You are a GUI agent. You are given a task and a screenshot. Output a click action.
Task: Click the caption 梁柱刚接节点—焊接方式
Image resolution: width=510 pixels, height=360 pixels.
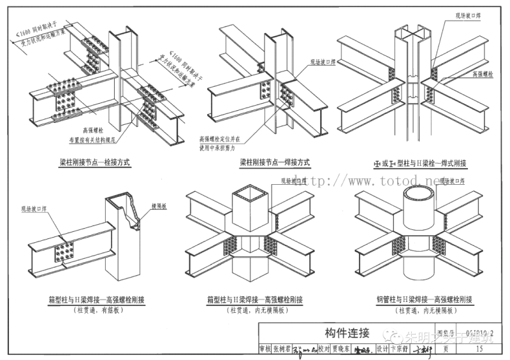click(x=275, y=162)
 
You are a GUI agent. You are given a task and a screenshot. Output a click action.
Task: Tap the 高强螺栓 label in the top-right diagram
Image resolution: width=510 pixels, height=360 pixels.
click(x=483, y=75)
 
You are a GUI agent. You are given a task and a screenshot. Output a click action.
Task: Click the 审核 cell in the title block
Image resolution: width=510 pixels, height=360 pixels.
click(x=265, y=349)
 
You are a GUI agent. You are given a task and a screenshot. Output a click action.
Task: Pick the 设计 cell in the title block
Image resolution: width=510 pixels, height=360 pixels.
click(x=381, y=349)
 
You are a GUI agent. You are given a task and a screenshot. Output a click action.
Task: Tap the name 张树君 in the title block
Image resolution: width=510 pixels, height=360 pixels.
click(x=282, y=349)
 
